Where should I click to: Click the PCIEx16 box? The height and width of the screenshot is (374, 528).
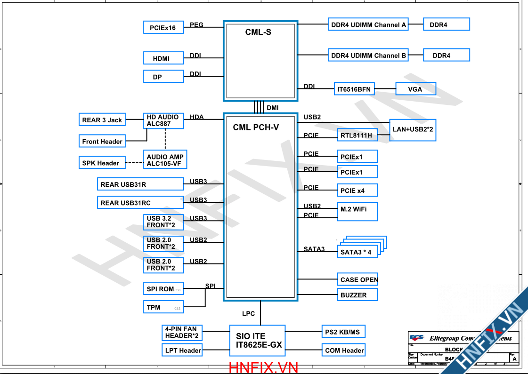(163, 28)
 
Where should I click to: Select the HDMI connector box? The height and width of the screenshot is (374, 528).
(163, 58)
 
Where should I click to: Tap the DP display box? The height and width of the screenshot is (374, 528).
(163, 77)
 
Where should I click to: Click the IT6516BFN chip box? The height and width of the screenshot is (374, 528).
(354, 89)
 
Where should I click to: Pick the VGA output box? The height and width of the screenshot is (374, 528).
(415, 89)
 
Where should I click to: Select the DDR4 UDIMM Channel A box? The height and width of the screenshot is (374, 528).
(368, 25)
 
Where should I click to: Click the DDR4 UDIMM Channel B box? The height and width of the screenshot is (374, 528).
(368, 56)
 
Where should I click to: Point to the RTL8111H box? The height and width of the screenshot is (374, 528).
(357, 135)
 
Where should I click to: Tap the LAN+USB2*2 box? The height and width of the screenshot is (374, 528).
(413, 129)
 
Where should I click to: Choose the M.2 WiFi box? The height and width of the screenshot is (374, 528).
(357, 211)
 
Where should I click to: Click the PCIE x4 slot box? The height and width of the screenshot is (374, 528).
(357, 191)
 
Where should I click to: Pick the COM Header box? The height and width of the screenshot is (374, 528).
(344, 350)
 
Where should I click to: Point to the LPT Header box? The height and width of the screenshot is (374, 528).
(183, 350)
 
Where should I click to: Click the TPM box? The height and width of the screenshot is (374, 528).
(163, 307)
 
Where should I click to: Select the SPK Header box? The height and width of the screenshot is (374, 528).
(101, 163)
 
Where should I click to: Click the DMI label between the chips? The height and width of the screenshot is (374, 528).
(273, 108)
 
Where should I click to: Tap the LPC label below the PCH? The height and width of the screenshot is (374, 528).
(249, 314)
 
